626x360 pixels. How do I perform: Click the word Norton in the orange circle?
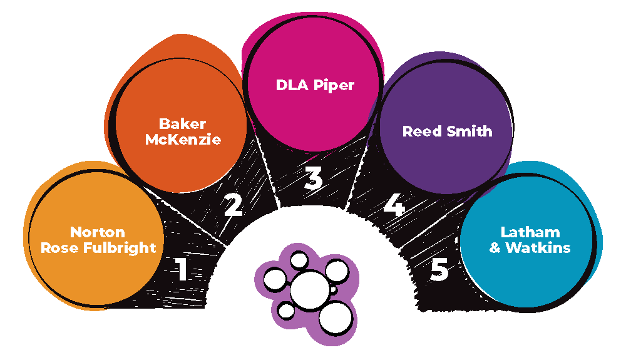[97, 233]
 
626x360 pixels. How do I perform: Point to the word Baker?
[183, 125]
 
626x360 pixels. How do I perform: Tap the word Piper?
[335, 85]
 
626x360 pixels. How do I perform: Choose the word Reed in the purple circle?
[421, 131]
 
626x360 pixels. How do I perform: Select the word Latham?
[529, 233]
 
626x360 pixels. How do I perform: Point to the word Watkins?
[538, 247]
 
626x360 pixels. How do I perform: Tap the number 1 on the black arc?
[182, 269]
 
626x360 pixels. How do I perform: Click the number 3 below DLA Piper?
[312, 178]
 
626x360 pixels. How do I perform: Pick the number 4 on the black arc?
[394, 205]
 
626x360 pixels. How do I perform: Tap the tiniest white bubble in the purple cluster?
[334, 291]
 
